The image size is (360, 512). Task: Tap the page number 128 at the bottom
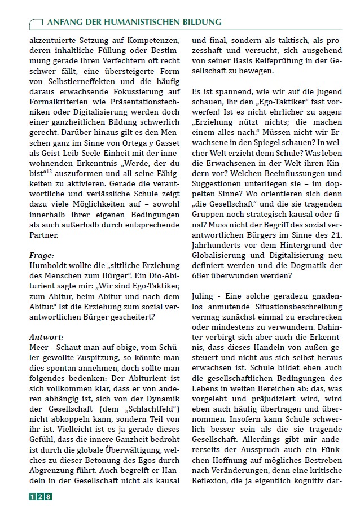[x=40, y=496]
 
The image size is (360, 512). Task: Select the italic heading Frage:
[x=41, y=255]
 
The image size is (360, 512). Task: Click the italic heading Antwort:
[x=46, y=337]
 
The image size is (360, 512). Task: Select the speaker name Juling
[x=204, y=296]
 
